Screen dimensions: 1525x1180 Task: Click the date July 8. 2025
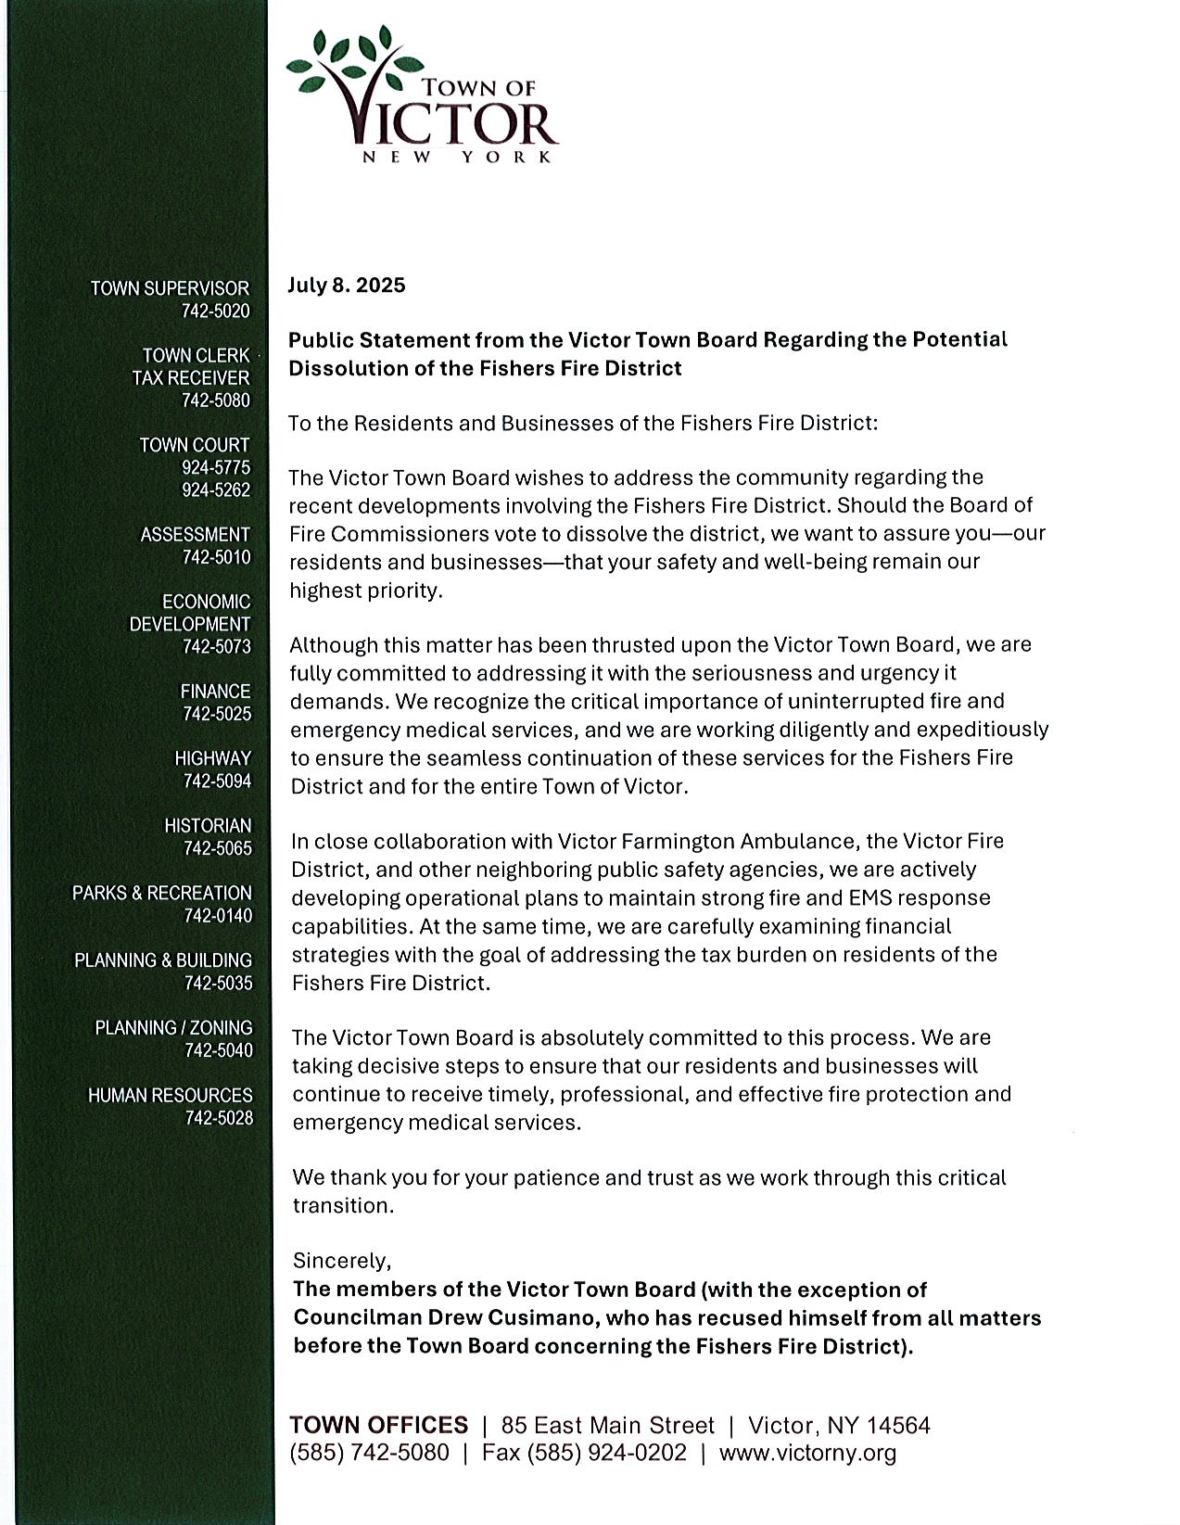point(346,285)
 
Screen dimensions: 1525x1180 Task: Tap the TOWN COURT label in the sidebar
point(194,445)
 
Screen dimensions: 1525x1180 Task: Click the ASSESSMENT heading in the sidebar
point(195,535)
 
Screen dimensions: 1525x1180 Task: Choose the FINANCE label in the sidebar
point(215,692)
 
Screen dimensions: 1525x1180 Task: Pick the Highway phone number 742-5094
point(217,782)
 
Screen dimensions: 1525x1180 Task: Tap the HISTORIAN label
point(208,825)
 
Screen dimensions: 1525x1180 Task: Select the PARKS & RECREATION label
point(162,893)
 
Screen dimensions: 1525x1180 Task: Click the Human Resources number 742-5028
point(219,1118)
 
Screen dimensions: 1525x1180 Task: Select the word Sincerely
point(342,1261)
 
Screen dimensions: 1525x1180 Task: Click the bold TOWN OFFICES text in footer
point(378,1425)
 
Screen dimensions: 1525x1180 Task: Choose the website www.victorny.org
point(807,1453)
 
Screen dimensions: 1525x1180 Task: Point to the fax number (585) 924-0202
point(607,1453)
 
